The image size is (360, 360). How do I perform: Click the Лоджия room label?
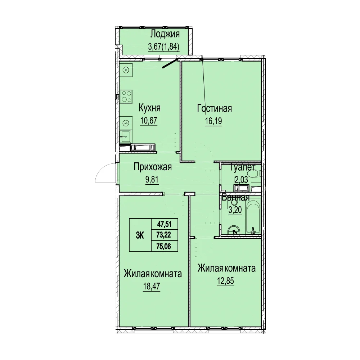pos(165,35)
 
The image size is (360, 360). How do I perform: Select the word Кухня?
pos(149,108)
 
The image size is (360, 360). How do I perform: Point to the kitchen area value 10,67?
pos(149,120)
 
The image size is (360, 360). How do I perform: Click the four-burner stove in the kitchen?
pos(126,96)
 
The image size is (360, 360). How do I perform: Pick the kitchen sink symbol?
pos(125,137)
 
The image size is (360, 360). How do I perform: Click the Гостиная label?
pos(215,108)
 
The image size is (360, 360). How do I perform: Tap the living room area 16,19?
pos(213,121)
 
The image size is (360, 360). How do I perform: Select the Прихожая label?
pos(153,167)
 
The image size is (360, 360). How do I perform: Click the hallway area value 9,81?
pos(152,180)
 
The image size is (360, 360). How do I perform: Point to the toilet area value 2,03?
pos(241,179)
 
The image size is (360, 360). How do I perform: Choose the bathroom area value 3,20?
pos(235,210)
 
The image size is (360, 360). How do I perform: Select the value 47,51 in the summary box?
pos(164,224)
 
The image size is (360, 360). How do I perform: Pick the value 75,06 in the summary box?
pos(164,246)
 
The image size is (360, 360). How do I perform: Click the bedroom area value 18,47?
pos(152,286)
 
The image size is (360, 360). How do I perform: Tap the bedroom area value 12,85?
pos(225,281)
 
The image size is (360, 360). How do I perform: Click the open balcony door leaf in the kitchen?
pos(170,64)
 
